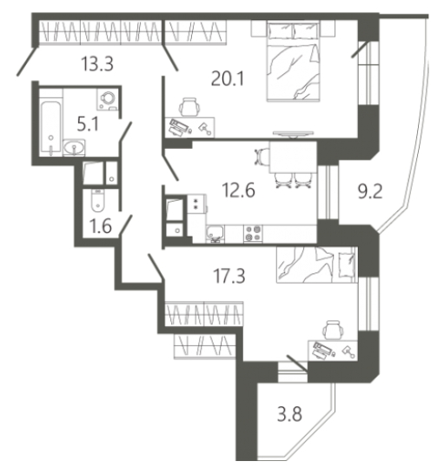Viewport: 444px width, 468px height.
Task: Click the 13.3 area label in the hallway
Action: click(x=97, y=64)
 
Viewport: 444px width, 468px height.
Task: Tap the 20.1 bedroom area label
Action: click(x=228, y=79)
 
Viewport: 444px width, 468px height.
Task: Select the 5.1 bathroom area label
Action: click(x=88, y=124)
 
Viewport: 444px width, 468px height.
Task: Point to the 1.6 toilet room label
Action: click(x=101, y=226)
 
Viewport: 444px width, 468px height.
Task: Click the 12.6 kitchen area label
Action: click(x=239, y=190)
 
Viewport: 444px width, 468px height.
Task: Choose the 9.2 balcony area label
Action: click(x=370, y=191)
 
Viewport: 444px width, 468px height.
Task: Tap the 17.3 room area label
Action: click(x=229, y=276)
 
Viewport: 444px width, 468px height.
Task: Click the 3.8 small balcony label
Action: click(x=289, y=414)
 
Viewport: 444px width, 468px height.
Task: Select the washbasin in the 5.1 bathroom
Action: click(x=74, y=148)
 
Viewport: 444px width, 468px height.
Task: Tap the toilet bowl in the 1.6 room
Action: click(x=97, y=200)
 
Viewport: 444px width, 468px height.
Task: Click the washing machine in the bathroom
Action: click(x=108, y=99)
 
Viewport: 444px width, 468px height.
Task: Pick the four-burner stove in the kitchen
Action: click(x=253, y=233)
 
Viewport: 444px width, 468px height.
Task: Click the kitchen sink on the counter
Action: click(x=215, y=233)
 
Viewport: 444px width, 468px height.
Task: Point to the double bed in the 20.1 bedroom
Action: click(x=294, y=61)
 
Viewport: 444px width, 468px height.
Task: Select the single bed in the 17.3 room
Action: click(x=316, y=264)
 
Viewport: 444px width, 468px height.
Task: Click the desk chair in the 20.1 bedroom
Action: click(x=189, y=106)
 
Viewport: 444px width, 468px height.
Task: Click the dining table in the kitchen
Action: click(x=293, y=157)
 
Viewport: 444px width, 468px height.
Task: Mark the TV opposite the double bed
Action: click(x=293, y=134)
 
